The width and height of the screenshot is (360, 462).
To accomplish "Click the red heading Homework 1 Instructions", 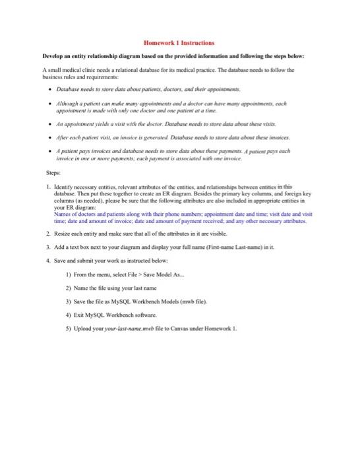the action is pos(179,41).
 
